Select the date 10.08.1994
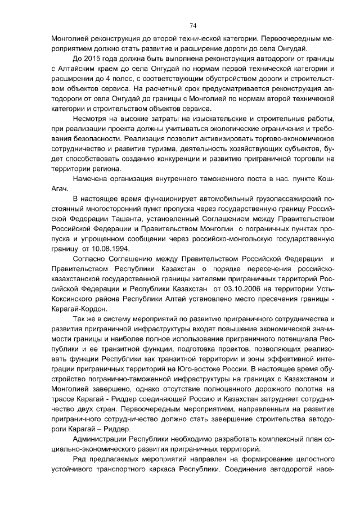pos(112,248)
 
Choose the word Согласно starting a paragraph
pos(91,258)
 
